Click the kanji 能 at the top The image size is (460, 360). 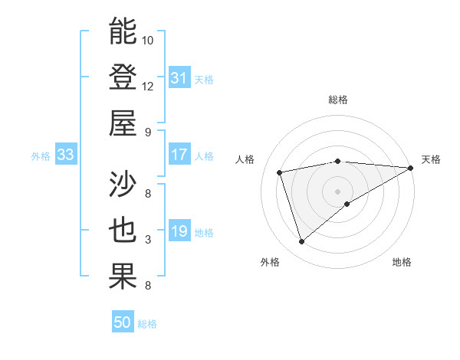pos(123,31)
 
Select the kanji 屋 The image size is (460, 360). pos(123,122)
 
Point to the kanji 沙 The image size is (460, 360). pos(123,185)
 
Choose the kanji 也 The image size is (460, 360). pos(123,231)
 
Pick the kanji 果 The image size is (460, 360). pos(123,277)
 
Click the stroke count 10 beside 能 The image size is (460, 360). pos(148,40)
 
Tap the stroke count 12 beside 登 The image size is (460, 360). pos(148,86)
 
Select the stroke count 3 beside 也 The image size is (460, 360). pos(148,240)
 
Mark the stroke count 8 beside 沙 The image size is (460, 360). pos(148,193)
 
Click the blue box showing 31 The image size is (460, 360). pos(179,78)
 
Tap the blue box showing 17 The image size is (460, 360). pos(179,155)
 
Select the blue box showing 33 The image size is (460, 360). pos(65,155)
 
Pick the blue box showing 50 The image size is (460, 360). pos(123,323)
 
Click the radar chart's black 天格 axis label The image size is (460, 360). pos(431,159)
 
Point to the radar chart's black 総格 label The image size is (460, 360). pos(337,100)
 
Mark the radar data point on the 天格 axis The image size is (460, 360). pos(411,168)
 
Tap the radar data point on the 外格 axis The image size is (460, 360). pos(301,242)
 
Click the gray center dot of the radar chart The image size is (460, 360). pos(337,191)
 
